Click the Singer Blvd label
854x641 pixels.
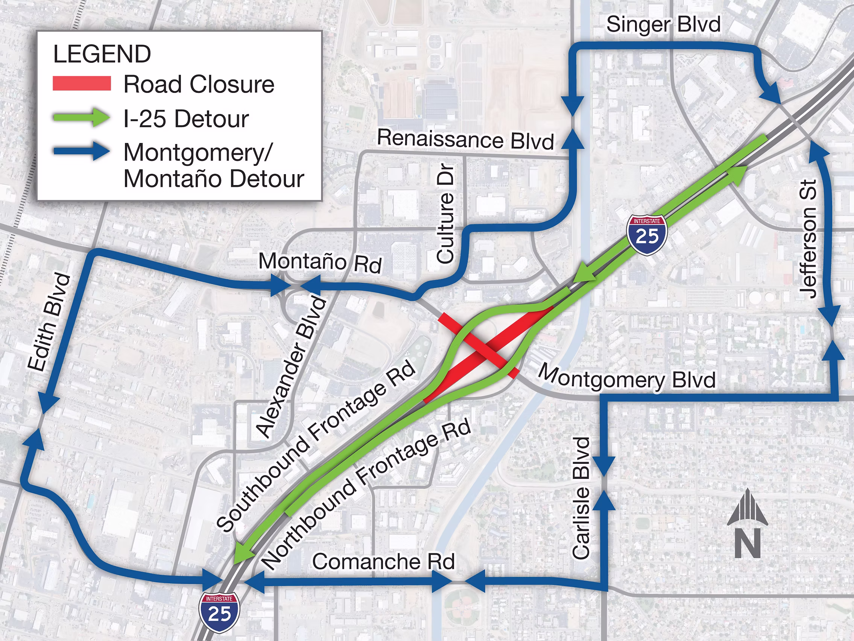(663, 24)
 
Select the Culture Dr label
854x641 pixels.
(445, 214)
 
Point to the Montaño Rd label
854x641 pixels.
(320, 262)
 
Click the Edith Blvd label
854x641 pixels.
(49, 322)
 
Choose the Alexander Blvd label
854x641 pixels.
(292, 367)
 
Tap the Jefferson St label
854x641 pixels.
(808, 239)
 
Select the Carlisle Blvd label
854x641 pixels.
(581, 498)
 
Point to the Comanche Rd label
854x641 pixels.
(383, 562)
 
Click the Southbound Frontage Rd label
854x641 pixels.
(316, 446)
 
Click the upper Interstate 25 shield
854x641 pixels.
(647, 235)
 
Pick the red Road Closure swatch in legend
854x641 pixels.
(82, 84)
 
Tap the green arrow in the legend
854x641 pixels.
(82, 117)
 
